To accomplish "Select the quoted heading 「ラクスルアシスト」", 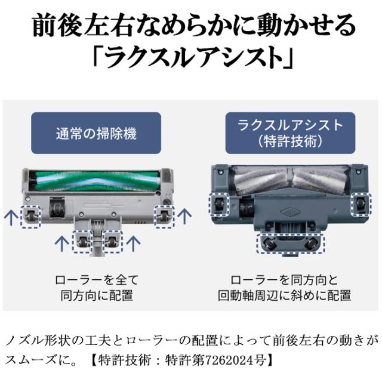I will coord(191,57).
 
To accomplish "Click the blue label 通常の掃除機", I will coord(96,132).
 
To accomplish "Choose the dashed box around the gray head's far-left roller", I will coord(30,215).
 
